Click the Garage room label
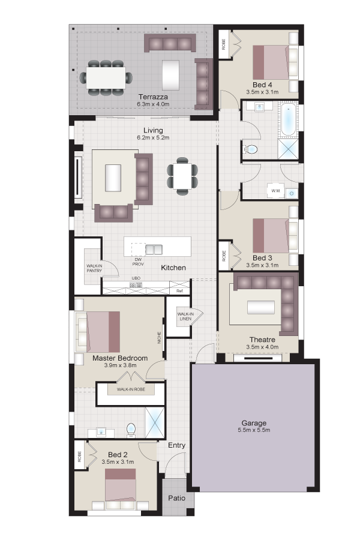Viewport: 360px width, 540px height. pos(254,423)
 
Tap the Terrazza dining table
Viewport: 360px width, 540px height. pos(106,77)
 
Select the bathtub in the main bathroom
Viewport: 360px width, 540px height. pos(288,120)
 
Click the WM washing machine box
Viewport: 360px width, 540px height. pos(275,191)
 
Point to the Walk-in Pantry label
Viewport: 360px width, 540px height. pos(94,268)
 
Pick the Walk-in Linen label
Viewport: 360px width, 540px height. pos(185,316)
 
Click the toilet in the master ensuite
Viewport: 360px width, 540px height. pos(131,430)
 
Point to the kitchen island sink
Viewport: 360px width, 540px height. pos(154,250)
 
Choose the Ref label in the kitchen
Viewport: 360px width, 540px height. pos(179,291)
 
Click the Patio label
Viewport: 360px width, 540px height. pos(177,498)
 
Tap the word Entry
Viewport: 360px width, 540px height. pos(177,445)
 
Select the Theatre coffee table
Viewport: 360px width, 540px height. pos(261,307)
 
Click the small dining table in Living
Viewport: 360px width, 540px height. pos(182,176)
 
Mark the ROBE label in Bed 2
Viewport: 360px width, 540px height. pos(80,457)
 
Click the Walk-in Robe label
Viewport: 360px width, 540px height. pos(131,389)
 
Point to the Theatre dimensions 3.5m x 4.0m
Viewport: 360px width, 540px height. pos(263,347)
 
